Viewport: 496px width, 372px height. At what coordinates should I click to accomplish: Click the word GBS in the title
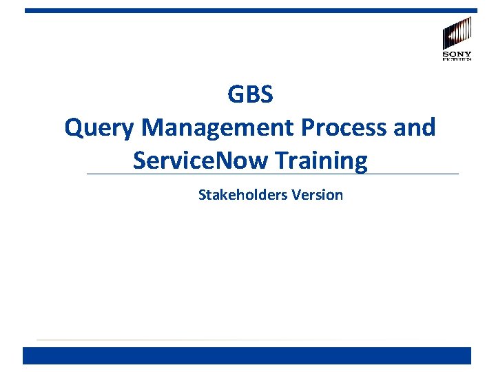pos(250,94)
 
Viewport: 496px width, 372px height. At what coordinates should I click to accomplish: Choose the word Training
pos(321,161)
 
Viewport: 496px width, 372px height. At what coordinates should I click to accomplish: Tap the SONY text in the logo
pos(457,54)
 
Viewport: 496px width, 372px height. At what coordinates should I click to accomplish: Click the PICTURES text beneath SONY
pos(457,60)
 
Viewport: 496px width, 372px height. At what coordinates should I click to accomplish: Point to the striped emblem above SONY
pos(457,33)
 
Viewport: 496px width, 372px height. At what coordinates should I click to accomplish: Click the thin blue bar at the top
pos(250,10)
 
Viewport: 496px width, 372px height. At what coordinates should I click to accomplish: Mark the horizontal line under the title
pos(413,174)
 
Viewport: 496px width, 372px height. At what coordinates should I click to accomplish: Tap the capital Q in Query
pos(74,128)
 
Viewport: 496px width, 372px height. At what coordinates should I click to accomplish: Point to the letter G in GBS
pos(235,94)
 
